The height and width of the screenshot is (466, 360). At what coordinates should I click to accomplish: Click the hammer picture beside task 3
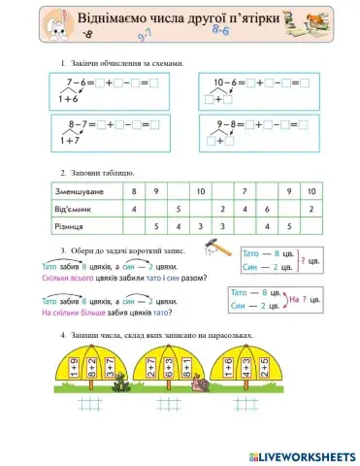point(219,250)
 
